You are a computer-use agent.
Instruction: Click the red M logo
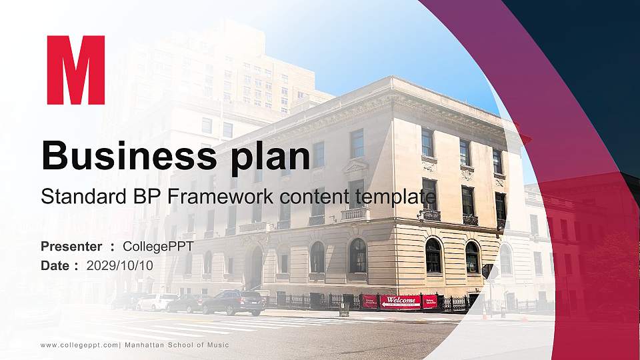(x=75, y=70)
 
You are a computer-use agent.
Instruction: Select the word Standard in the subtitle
(x=78, y=197)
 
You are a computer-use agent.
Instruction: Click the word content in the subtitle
(x=317, y=197)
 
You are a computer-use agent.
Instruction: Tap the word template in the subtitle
(x=398, y=197)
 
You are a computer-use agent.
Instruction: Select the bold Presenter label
(x=71, y=247)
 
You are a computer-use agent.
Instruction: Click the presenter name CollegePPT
(x=158, y=247)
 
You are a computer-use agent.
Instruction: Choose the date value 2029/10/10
(x=119, y=265)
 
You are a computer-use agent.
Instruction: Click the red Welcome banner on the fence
(x=400, y=301)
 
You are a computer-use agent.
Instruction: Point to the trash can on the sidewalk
(x=344, y=308)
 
